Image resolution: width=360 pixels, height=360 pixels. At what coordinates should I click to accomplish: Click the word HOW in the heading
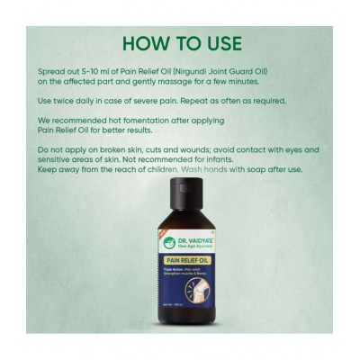point(142,42)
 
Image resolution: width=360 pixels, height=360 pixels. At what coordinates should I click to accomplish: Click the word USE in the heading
point(220,42)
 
